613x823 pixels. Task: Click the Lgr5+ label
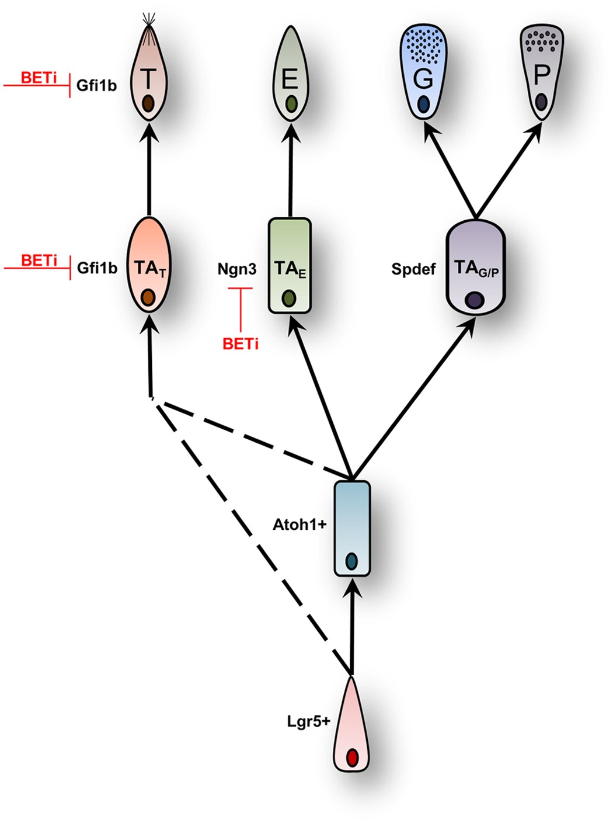point(308,721)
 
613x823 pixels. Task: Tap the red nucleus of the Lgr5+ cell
point(351,758)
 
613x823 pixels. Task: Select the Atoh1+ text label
point(299,525)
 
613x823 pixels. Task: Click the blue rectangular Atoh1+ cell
point(351,528)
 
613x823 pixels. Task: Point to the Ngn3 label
point(236,269)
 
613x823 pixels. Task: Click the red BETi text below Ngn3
point(240,344)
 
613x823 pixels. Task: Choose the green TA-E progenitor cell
point(290,266)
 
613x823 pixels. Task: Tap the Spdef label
point(413,269)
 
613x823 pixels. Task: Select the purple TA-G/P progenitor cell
point(475,268)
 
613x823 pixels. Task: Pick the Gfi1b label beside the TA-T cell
point(97,268)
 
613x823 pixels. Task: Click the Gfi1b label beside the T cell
point(96,86)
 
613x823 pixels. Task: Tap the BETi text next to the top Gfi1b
point(39,78)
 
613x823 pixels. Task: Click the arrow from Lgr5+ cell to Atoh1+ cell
point(351,625)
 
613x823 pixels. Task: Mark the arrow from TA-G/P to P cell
point(508,169)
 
